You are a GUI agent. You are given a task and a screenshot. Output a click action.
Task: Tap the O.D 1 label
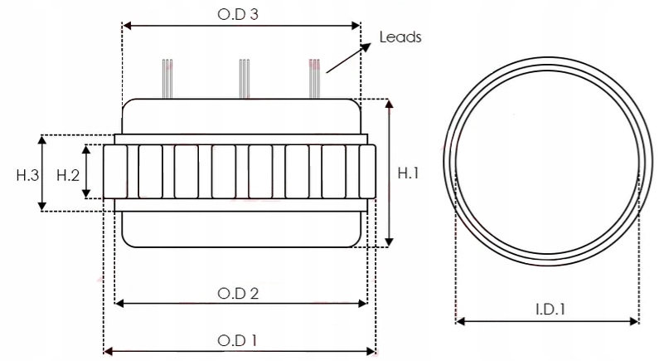[x=239, y=340]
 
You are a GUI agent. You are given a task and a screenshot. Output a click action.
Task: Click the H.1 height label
[x=409, y=173]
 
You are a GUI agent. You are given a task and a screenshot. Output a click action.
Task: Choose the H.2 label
[x=67, y=174]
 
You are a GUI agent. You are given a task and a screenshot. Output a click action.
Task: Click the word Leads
[x=400, y=37]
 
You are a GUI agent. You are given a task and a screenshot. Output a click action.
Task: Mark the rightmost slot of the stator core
[x=367, y=172]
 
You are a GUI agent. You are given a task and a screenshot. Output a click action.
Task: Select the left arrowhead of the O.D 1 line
[x=107, y=351]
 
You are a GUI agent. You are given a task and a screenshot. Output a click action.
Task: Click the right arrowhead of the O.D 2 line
[x=361, y=304]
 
